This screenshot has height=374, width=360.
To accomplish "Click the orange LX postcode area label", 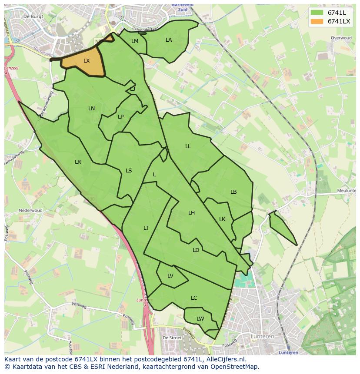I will (87, 61).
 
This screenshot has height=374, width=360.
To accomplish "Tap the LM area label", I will (135, 41).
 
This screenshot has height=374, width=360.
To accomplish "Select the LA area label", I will (169, 40).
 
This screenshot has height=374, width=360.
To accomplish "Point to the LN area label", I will (91, 109).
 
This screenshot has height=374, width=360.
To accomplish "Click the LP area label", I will (121, 116).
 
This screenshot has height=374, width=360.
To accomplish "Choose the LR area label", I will (78, 162).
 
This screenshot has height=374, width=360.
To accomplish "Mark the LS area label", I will (129, 171).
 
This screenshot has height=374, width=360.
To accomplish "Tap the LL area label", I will (188, 146).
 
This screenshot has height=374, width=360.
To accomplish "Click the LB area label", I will (233, 192).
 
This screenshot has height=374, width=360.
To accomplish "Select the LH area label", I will (192, 213).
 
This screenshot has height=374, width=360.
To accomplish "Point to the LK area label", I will (222, 219).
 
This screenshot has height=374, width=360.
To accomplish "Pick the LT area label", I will (146, 228).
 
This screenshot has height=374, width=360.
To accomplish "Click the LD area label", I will (196, 250).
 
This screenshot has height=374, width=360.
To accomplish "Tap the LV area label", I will (170, 276).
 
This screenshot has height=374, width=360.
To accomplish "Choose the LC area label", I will (194, 298).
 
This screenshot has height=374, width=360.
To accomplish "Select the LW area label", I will (200, 319).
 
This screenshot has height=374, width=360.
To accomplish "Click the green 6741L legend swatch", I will (317, 13).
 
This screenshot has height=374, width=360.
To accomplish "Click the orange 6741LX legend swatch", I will (317, 21).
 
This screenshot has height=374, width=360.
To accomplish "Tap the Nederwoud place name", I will (30, 210).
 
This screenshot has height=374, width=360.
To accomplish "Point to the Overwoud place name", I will (341, 38).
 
